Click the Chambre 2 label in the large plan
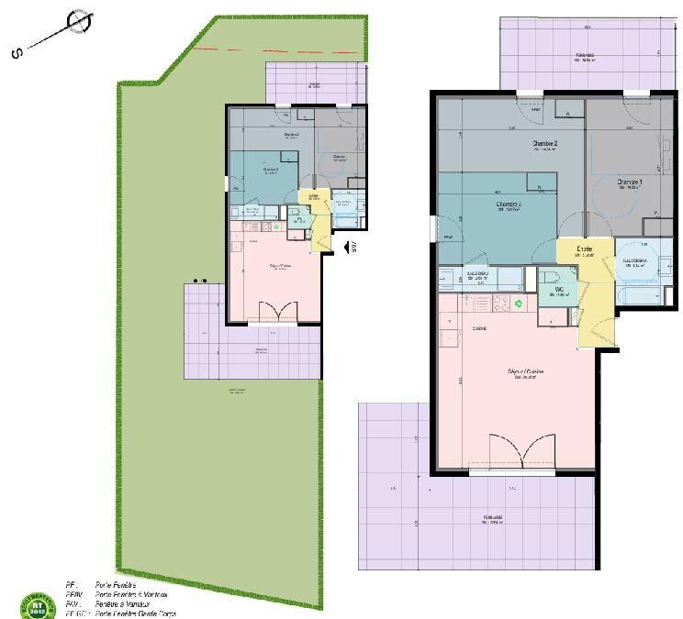tap(545, 144)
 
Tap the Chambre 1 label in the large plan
tap(630, 182)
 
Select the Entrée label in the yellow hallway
tap(584, 249)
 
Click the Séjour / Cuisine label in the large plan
tap(525, 372)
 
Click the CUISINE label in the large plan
tap(453, 327)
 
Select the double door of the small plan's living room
tap(273, 312)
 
